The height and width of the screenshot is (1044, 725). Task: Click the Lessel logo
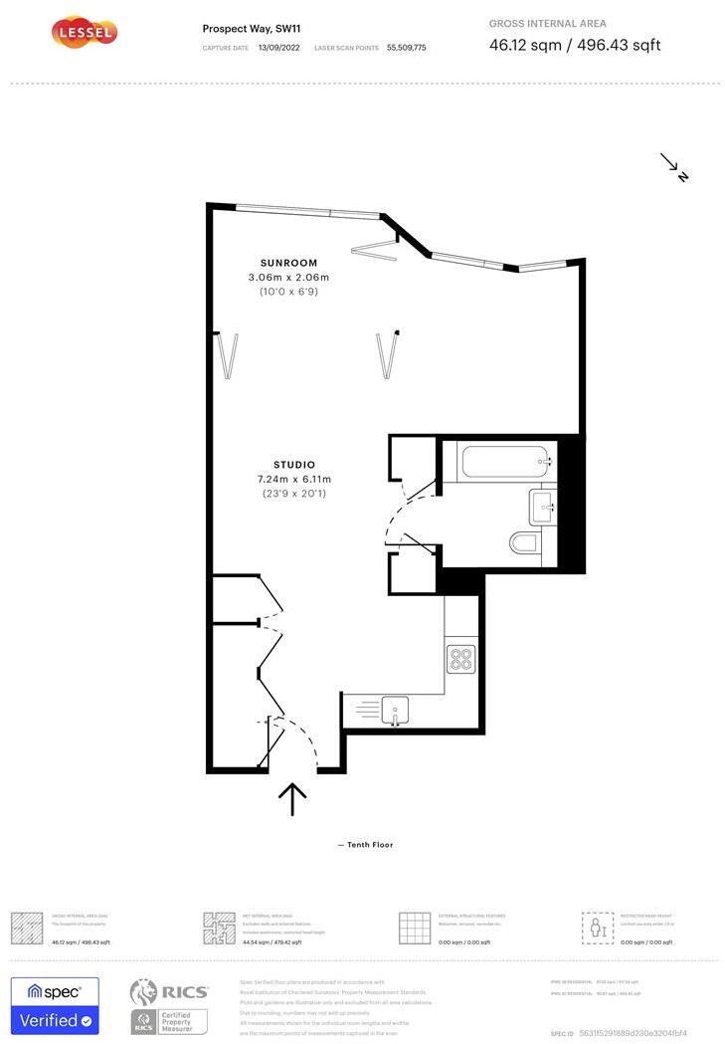tap(85, 33)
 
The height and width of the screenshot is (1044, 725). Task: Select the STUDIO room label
tap(294, 465)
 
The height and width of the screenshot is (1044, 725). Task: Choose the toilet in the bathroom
tap(525, 543)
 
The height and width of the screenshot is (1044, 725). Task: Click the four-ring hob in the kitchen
tap(460, 659)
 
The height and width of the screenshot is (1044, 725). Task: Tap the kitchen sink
tap(395, 711)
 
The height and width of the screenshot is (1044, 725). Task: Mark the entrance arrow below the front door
tap(292, 798)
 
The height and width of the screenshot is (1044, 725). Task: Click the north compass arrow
tap(675, 167)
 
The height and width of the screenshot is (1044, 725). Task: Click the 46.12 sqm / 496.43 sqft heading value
tap(575, 45)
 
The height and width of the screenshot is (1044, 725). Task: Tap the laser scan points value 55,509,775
tap(406, 47)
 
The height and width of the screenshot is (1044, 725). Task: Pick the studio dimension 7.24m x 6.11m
tap(294, 480)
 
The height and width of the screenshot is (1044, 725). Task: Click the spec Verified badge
tap(55, 1005)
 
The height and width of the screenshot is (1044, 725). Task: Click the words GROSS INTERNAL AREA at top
tap(547, 24)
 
